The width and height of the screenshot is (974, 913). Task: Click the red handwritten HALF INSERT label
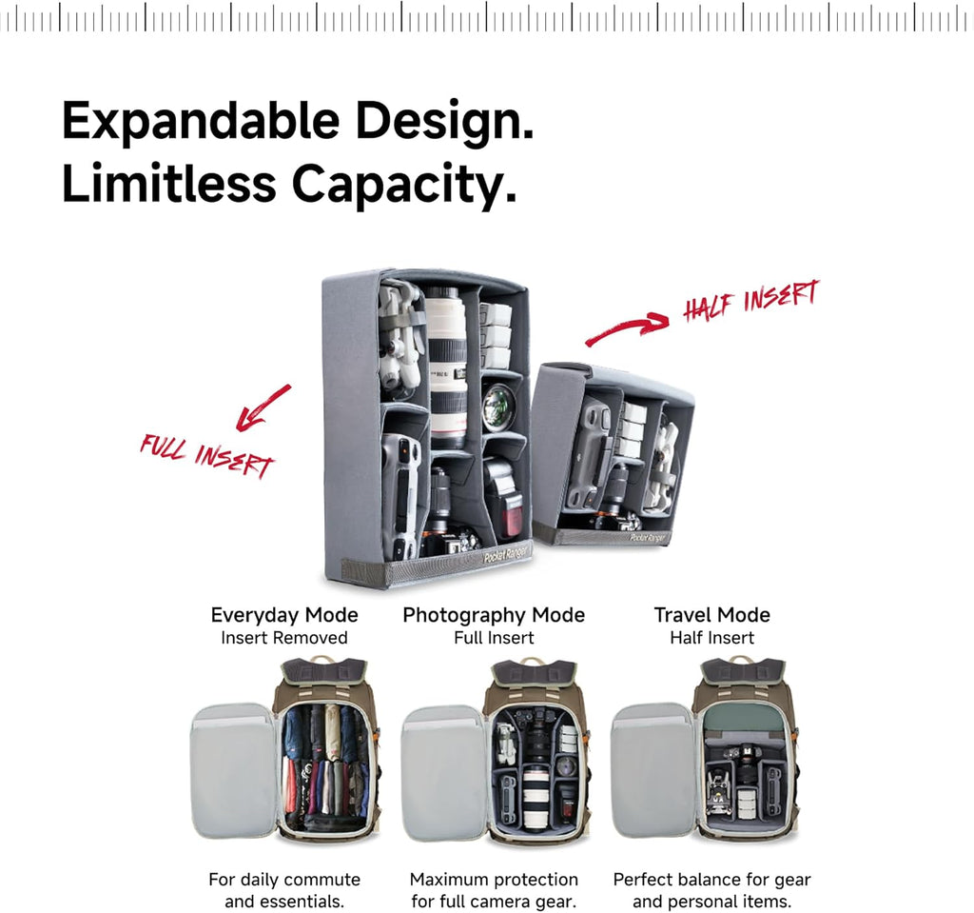(x=751, y=300)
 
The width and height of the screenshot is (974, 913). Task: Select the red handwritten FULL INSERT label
(x=206, y=456)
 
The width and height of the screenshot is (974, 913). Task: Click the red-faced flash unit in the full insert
(x=504, y=498)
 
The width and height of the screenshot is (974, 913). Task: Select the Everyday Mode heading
(x=284, y=615)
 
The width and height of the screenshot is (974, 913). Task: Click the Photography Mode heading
(x=494, y=615)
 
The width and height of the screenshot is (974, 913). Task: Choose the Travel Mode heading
(x=711, y=615)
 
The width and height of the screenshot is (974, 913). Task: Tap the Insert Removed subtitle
(x=284, y=638)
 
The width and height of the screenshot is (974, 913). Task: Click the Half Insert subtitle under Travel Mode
(x=711, y=638)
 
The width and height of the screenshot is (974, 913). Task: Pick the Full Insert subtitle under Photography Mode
(x=494, y=638)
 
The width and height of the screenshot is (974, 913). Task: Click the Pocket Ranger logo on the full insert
(x=506, y=553)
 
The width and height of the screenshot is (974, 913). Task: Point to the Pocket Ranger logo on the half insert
(x=648, y=537)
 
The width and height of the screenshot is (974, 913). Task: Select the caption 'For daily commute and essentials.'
(x=284, y=890)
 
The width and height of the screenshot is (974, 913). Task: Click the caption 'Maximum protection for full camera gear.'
(x=494, y=890)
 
